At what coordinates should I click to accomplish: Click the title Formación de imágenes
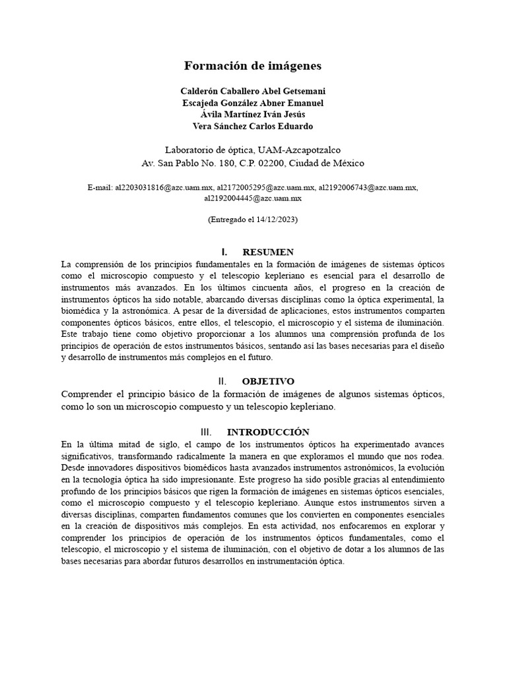[x=253, y=66]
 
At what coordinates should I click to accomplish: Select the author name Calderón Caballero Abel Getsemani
[x=253, y=91]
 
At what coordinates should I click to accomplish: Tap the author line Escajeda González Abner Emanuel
[x=253, y=103]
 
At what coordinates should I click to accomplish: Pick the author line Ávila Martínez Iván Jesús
[x=253, y=115]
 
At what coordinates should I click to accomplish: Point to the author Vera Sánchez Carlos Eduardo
[x=253, y=127]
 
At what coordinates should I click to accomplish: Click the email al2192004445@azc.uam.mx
[x=253, y=198]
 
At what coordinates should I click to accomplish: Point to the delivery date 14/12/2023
[x=276, y=220]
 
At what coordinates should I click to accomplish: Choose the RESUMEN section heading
[x=267, y=252]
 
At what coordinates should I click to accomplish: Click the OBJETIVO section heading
[x=267, y=382]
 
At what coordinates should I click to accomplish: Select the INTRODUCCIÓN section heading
[x=267, y=433]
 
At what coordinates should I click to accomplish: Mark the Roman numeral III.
[x=206, y=433]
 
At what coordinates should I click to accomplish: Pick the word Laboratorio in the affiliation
[x=191, y=150]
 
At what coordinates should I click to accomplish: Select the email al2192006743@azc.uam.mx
[x=368, y=188]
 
